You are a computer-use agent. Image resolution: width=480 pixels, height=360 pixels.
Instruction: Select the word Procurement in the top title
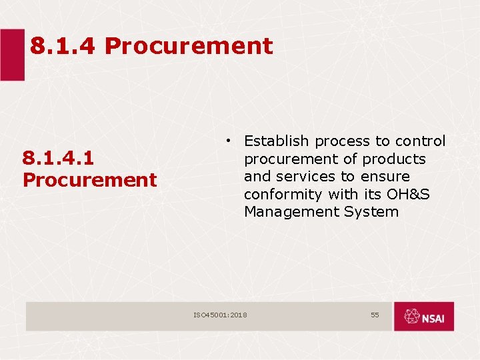(189, 46)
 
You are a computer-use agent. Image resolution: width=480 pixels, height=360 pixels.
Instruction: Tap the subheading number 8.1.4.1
(58, 158)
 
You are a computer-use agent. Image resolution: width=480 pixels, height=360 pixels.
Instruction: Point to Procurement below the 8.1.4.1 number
(89, 180)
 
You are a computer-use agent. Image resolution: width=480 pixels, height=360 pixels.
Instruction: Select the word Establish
(277, 141)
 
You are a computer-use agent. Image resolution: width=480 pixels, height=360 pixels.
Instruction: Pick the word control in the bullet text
(420, 141)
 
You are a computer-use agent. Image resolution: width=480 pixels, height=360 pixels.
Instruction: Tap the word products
(395, 159)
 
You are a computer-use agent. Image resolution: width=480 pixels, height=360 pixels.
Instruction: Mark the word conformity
(283, 195)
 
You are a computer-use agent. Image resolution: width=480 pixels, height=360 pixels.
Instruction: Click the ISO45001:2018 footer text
(220, 315)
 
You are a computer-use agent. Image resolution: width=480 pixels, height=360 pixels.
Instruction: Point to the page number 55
(375, 315)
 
